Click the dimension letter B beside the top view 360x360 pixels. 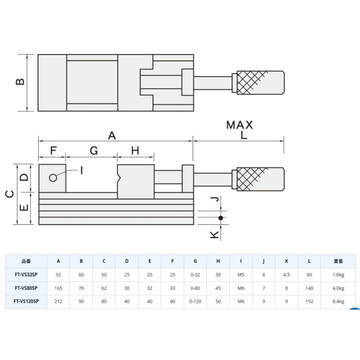coord(20,82)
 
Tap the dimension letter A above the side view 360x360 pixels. coord(112,136)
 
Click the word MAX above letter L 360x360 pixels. coord(240,125)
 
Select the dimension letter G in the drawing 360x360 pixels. coord(94,151)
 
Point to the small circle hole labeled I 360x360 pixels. coord(53,178)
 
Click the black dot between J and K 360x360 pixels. coord(221,218)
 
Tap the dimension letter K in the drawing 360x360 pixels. coord(214,235)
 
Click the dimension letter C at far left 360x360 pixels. coord(10,194)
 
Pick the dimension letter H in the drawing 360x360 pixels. coord(135,151)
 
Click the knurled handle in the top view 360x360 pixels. coord(260,82)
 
